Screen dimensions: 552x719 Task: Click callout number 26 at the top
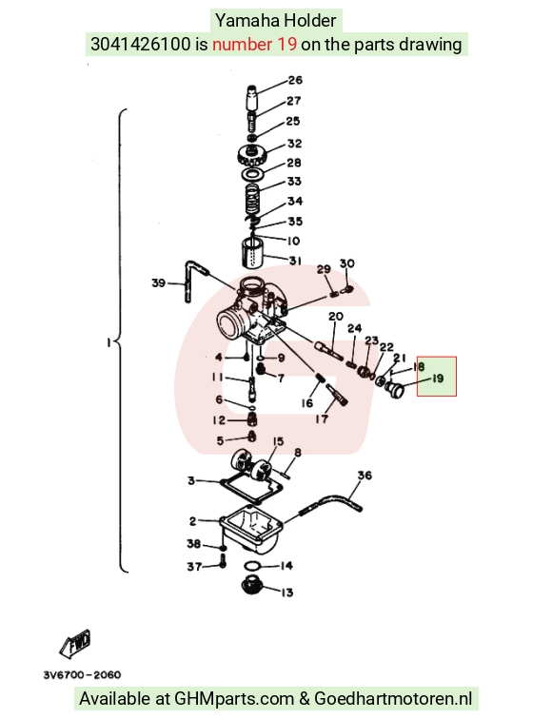tap(295, 80)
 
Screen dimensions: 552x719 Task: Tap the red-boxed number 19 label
tap(437, 379)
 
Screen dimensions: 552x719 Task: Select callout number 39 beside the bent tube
tap(159, 282)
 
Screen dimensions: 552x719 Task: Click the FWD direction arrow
tap(75, 643)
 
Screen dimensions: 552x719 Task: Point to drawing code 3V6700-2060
tap(83, 675)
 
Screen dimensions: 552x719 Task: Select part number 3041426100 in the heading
tap(141, 44)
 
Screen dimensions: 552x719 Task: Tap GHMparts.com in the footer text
tap(234, 699)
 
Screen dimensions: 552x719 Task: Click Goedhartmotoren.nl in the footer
tap(393, 698)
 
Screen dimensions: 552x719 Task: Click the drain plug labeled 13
tap(252, 584)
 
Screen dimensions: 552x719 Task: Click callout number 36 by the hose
tap(365, 476)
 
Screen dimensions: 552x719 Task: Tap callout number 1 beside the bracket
tap(108, 342)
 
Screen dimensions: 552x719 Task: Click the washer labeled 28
tap(252, 173)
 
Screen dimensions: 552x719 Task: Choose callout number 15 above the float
tap(278, 440)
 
